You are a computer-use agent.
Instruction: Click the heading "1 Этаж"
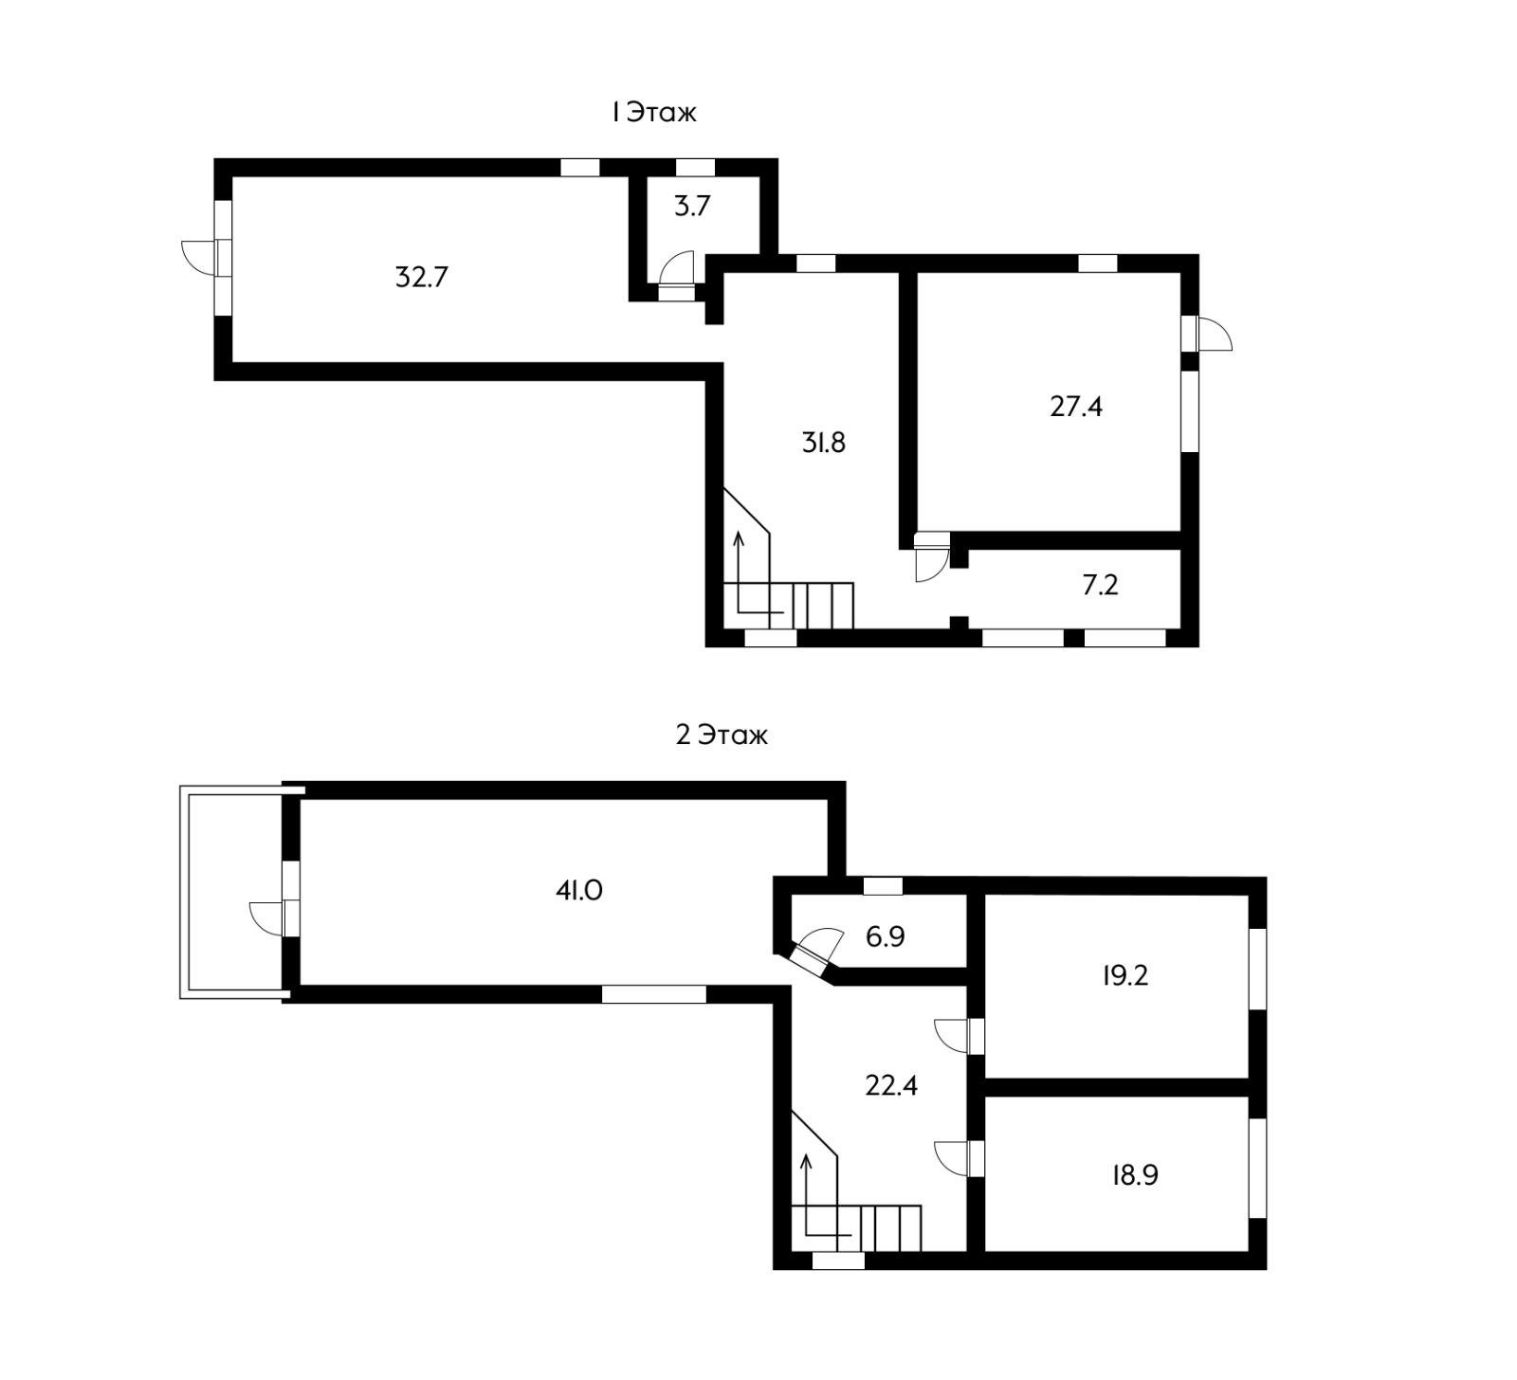point(653,112)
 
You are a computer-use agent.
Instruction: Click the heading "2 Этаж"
point(722,735)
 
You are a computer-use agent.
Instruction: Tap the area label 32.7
point(421,278)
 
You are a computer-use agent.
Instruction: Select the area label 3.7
point(692,206)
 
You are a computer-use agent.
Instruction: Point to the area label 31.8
point(823,443)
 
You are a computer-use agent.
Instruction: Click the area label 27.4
point(1076,407)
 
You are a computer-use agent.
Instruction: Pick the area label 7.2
point(1100,585)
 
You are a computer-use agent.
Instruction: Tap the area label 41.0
point(578,890)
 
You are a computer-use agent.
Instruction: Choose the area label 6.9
point(885,936)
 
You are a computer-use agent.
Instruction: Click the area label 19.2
point(1125,975)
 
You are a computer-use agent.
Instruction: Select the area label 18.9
point(1135,1175)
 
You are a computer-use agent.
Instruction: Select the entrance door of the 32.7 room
point(207,257)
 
